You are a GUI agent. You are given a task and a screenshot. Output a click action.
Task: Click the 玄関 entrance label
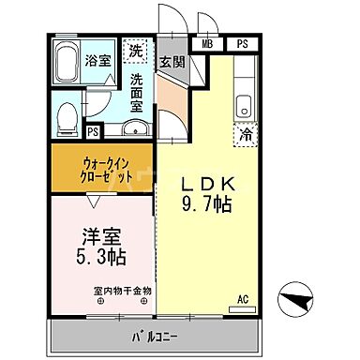pos(170,63)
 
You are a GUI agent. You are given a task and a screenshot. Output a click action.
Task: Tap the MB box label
pos(206,43)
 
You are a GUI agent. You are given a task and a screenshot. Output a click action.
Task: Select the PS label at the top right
pos(242,43)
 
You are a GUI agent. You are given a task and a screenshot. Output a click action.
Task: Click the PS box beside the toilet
pos(92,132)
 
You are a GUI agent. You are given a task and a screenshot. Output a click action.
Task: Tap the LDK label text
pos(206,184)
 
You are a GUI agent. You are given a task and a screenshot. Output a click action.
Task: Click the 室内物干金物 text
pos(122,291)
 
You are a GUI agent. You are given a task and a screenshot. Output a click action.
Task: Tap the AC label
pos(242,297)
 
